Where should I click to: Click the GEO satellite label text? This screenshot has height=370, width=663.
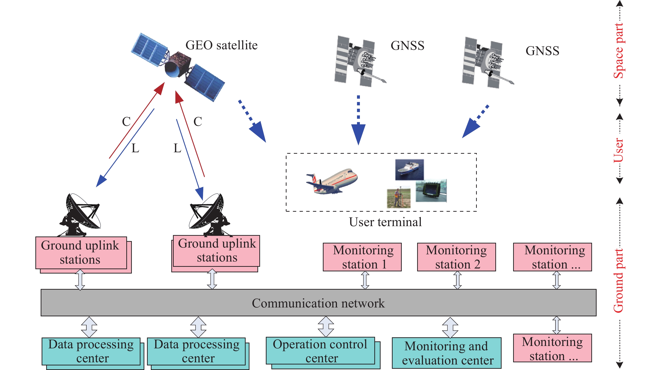(x=221, y=45)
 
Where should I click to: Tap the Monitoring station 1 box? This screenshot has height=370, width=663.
(x=362, y=257)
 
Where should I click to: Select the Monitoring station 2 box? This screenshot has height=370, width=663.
(x=456, y=257)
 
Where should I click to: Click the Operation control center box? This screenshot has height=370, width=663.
(x=320, y=351)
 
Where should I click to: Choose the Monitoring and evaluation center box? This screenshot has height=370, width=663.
(x=446, y=353)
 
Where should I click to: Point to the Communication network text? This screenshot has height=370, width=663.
(x=318, y=303)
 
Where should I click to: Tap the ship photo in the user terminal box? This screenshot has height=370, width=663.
(x=409, y=169)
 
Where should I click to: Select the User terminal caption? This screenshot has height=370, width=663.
(x=385, y=222)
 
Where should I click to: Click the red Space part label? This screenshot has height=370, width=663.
(x=619, y=51)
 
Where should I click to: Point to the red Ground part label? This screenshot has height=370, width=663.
(x=618, y=281)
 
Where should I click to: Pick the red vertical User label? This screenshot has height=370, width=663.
(x=618, y=150)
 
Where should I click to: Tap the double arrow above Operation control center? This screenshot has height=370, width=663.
(x=326, y=327)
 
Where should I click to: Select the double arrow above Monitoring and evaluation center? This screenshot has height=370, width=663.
(x=450, y=327)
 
